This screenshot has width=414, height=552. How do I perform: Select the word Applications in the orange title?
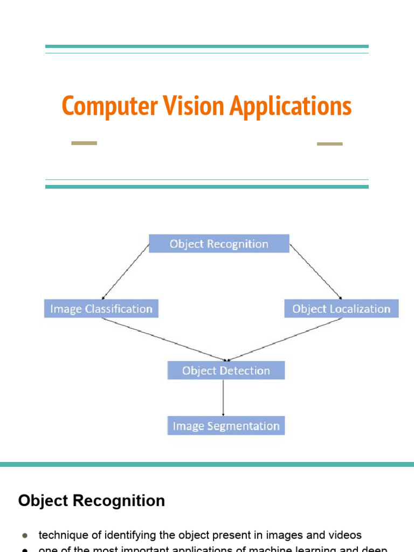(291, 106)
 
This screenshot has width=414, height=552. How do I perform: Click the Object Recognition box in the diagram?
(219, 244)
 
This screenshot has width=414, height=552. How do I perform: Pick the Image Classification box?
(101, 309)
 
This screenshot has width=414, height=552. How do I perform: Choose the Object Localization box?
(341, 309)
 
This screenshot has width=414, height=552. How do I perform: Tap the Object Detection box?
(226, 370)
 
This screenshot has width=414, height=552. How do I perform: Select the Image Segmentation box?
(226, 426)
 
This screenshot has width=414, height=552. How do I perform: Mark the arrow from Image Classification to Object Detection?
(164, 339)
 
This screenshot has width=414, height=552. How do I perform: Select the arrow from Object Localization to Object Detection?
(286, 339)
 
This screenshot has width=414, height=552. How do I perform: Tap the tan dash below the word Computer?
(84, 143)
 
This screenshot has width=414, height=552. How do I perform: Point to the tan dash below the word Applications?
(329, 144)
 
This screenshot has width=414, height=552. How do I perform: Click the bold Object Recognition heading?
(92, 501)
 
